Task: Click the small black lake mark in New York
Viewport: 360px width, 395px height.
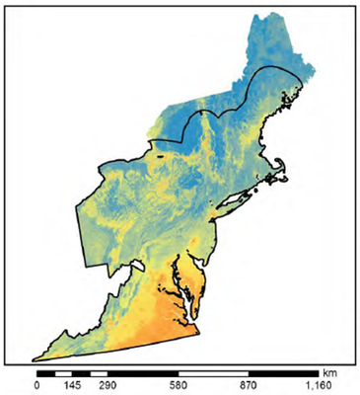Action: [158, 156]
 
